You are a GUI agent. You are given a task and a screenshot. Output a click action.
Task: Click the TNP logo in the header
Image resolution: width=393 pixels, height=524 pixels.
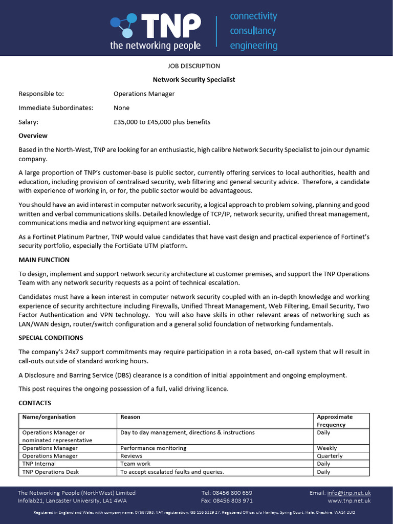point(155,31)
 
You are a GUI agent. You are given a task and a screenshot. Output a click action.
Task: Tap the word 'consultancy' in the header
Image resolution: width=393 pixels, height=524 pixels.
point(253,31)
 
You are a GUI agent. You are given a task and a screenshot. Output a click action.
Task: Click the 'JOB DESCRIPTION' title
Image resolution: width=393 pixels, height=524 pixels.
point(194,66)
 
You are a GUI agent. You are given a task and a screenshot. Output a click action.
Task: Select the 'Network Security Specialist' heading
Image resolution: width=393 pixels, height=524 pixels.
point(194,80)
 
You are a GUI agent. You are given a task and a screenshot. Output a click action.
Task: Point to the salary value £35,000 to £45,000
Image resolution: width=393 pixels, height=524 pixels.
point(162,122)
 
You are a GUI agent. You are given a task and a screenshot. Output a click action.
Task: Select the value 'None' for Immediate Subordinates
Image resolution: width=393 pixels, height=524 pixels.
point(121,108)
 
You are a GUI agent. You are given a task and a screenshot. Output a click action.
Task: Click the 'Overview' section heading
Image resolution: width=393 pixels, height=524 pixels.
point(33,136)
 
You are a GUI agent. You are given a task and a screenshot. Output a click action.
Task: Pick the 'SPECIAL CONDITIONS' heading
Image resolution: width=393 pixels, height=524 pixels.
point(51,338)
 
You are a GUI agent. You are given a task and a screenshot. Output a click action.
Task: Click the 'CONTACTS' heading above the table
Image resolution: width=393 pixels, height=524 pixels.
point(35,403)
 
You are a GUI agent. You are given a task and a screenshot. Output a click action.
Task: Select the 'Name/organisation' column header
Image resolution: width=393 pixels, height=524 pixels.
point(49,417)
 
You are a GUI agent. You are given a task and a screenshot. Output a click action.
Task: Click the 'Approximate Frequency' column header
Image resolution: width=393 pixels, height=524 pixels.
point(335,421)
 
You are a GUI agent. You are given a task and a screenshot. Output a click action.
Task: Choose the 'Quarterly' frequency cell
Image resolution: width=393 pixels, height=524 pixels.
point(330,456)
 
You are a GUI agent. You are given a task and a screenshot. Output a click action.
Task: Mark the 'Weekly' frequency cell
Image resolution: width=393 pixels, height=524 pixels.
point(327,448)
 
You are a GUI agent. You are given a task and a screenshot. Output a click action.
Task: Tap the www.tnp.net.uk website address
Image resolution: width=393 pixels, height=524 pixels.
point(349,500)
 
